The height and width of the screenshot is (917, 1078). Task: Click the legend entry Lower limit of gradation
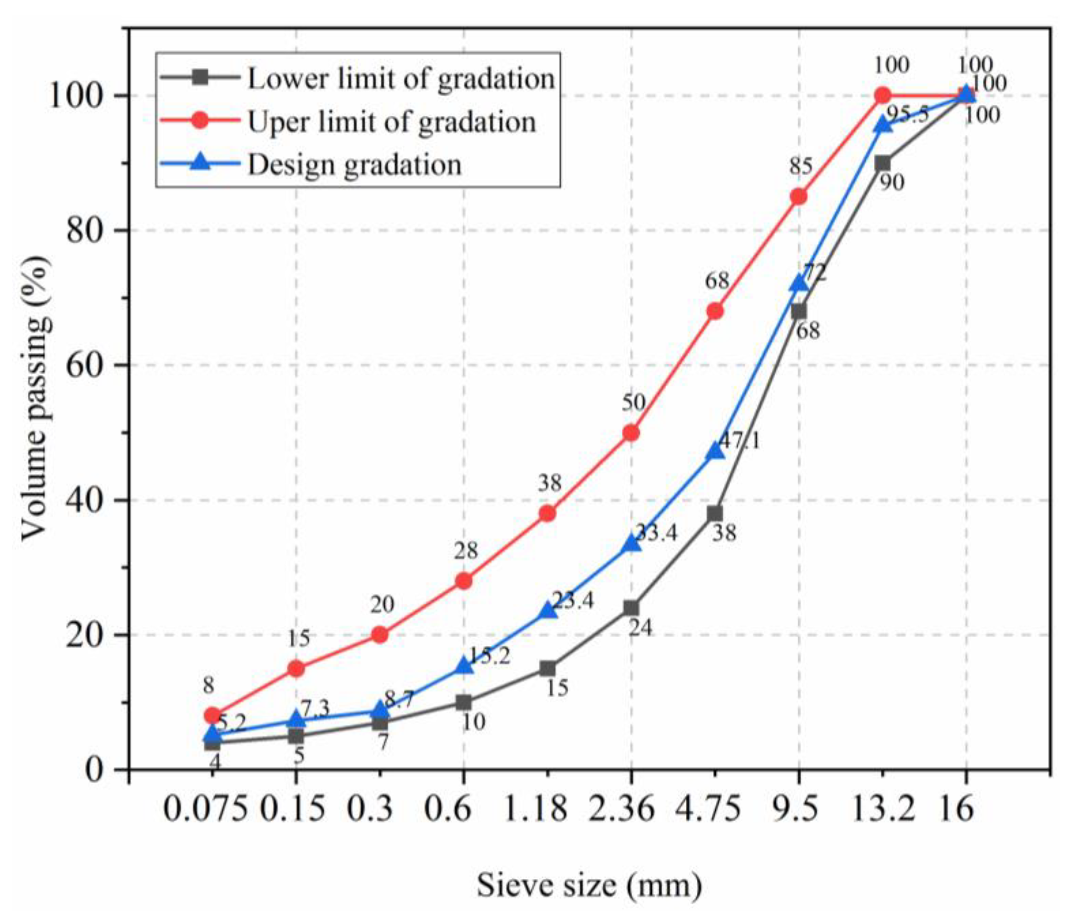tap(401, 79)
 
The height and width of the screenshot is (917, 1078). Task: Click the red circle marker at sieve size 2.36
tap(631, 433)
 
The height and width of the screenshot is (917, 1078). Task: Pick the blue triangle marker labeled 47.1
tap(715, 451)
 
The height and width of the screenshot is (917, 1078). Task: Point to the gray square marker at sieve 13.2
tap(882, 163)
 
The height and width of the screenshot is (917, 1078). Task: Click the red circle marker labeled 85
tap(798, 197)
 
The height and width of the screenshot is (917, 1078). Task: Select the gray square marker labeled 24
tap(631, 608)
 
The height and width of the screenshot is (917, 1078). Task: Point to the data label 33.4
tap(657, 532)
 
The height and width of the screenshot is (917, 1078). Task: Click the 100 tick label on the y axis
tap(78, 96)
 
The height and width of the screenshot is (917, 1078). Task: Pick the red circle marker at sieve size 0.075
tap(212, 716)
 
